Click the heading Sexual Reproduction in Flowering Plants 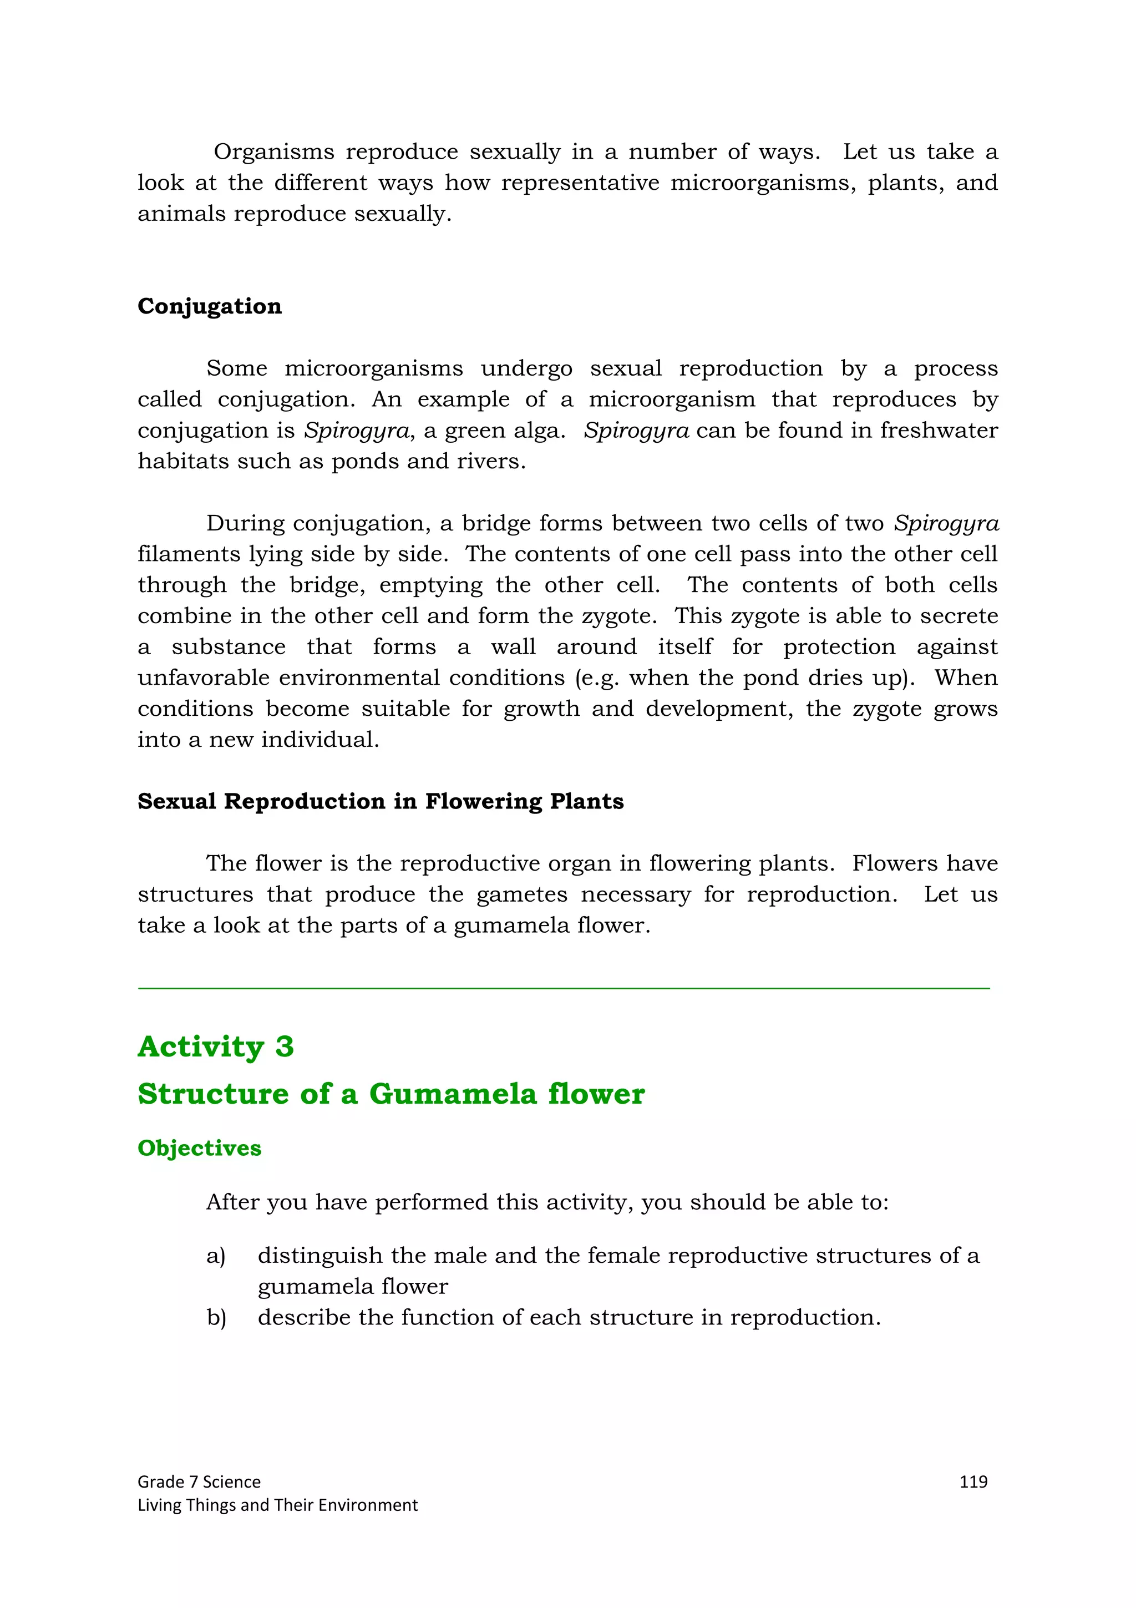coord(380,801)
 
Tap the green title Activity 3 coord(216,1046)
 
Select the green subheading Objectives coord(200,1148)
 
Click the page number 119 coord(973,1481)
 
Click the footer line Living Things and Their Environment coord(277,1505)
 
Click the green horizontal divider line coord(564,988)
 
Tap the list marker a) coord(216,1256)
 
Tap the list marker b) coord(216,1317)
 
